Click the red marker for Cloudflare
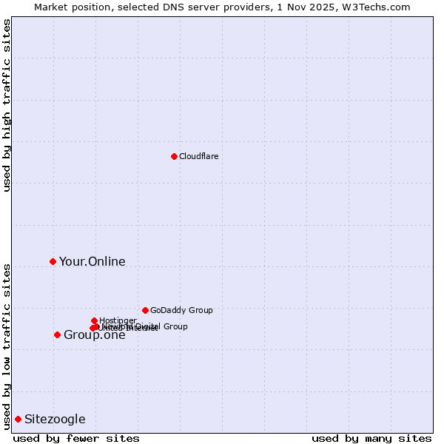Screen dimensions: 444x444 (x=174, y=156)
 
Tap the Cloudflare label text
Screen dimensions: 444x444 (x=198, y=156)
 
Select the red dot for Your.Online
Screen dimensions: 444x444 (x=53, y=261)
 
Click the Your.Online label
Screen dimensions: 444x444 (x=92, y=261)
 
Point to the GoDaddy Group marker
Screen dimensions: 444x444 (x=145, y=310)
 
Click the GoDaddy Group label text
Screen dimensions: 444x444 (x=181, y=310)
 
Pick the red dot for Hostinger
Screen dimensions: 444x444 (x=94, y=320)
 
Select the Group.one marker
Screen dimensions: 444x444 (x=57, y=334)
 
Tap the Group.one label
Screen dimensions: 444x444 (x=94, y=335)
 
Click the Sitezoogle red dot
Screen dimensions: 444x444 (x=18, y=419)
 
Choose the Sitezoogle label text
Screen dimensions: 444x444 (x=55, y=420)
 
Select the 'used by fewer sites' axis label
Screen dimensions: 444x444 (x=76, y=438)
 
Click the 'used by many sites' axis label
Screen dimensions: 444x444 (x=371, y=438)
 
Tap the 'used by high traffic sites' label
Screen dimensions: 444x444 (x=7, y=105)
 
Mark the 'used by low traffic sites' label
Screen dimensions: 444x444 (x=7, y=346)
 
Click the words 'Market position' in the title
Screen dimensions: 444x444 (x=67, y=7)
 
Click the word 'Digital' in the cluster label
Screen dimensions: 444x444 (x=147, y=326)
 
